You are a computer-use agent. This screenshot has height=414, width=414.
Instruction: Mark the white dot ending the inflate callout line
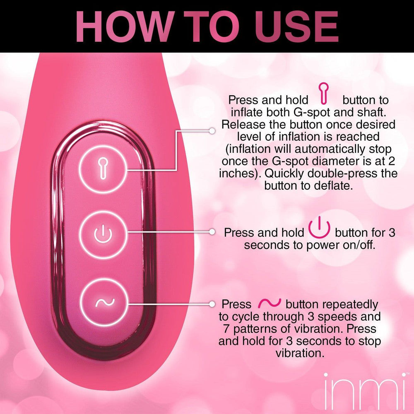click(212, 130)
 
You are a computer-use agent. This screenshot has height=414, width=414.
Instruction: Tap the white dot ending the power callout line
click(212, 232)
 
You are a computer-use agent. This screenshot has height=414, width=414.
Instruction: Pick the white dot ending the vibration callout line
click(212, 303)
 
